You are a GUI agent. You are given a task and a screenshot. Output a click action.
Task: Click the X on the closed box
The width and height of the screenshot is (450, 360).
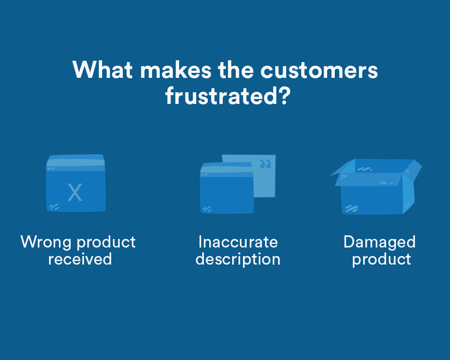click(75, 193)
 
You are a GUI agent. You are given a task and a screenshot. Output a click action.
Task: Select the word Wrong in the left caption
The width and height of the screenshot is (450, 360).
click(46, 242)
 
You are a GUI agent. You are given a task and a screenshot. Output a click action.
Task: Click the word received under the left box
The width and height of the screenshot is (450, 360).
click(80, 259)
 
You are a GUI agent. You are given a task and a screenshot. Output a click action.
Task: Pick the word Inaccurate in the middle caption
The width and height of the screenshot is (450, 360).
click(238, 242)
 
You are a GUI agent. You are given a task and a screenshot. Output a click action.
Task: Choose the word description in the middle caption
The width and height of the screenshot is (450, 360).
click(238, 259)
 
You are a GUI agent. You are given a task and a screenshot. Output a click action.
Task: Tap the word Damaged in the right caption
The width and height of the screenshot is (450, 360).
click(379, 242)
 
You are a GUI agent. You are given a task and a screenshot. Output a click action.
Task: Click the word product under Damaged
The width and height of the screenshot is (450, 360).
click(381, 259)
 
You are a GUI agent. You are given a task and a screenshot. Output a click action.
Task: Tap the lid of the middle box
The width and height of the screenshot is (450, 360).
click(226, 169)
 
